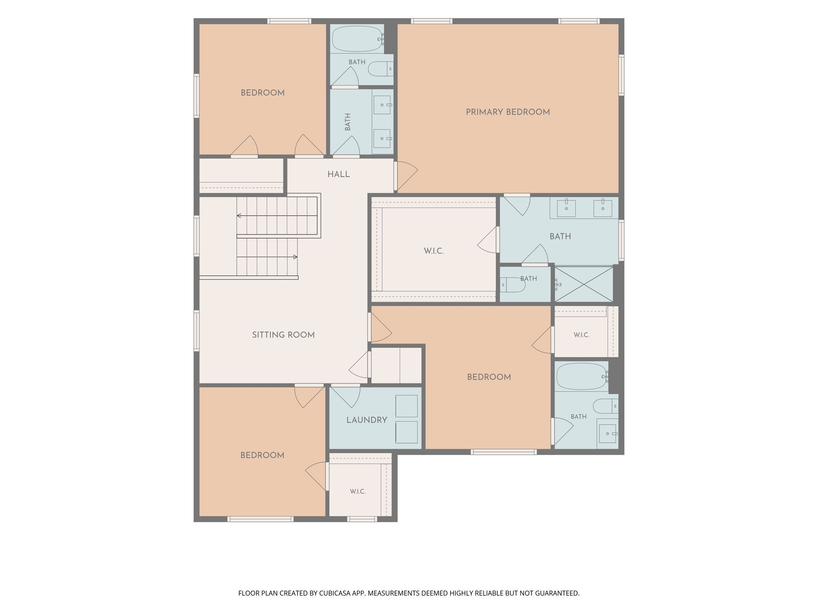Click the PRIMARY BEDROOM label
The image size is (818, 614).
tap(508, 112)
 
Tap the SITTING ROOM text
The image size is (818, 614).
tap(283, 335)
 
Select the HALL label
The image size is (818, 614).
tap(338, 174)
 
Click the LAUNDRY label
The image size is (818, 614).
tap(367, 420)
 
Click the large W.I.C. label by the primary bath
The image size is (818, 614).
tap(434, 251)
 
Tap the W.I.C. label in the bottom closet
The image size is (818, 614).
tap(357, 492)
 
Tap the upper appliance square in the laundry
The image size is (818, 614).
tap(406, 406)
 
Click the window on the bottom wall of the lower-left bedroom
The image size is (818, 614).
tap(260, 519)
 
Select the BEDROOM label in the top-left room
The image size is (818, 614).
tap(262, 93)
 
